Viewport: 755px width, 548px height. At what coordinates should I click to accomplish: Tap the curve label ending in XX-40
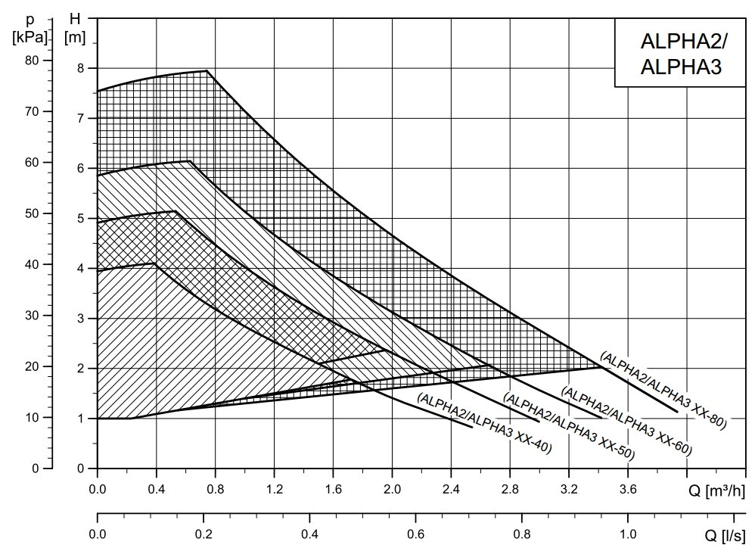[484, 424]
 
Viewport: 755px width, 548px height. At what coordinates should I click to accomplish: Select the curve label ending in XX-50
[569, 427]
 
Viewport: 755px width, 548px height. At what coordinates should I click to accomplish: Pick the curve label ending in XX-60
[626, 421]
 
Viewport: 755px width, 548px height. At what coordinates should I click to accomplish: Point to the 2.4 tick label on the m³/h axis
[451, 489]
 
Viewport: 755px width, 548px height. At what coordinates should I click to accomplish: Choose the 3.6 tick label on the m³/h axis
[627, 489]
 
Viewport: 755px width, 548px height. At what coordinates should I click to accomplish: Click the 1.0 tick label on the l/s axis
[627, 534]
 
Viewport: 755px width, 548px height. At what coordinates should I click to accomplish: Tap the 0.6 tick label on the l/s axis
[415, 534]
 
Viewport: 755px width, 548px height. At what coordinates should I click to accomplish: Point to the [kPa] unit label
[30, 36]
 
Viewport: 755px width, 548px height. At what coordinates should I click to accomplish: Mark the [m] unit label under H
[74, 36]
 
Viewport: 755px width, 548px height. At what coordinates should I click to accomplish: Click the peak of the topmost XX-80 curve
[207, 70]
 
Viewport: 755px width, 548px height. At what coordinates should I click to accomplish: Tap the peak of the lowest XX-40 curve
[155, 263]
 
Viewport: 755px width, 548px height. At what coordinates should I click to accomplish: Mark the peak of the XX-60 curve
[190, 161]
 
